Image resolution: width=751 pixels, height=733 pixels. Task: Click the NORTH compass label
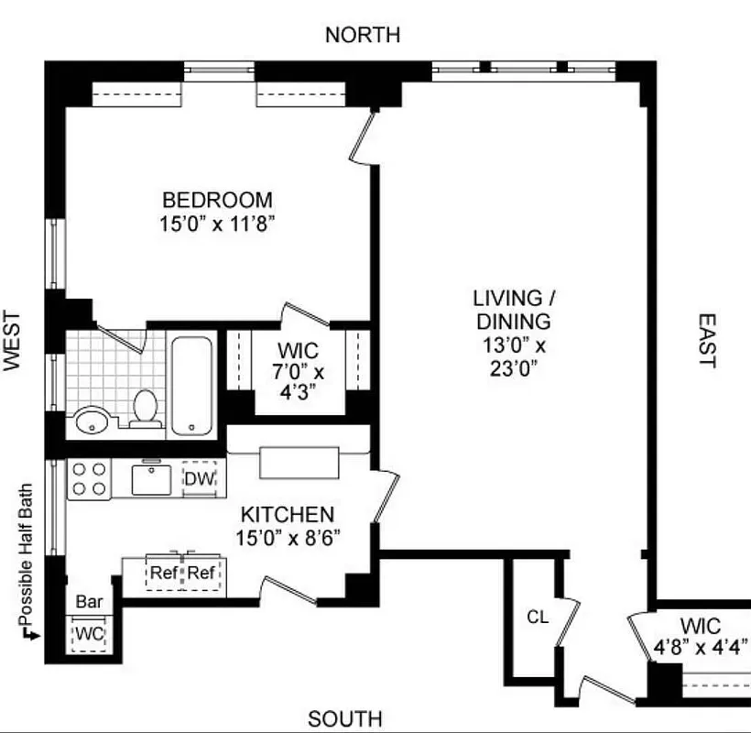(x=363, y=36)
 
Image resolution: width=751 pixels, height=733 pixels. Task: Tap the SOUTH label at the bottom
(x=344, y=719)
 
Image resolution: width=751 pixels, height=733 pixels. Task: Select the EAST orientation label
(x=706, y=341)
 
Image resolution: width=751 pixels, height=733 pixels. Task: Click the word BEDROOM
(x=217, y=200)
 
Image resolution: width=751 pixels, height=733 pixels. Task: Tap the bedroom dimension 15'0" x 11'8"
(x=217, y=224)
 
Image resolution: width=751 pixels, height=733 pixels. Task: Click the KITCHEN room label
(x=288, y=514)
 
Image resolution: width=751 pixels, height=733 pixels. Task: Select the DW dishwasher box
(x=199, y=478)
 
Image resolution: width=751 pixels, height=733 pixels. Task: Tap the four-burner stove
(x=89, y=478)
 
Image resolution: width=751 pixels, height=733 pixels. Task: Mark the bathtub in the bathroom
(x=191, y=385)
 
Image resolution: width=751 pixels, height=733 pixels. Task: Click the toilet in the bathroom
(x=145, y=409)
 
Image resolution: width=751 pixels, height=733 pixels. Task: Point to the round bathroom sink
(x=93, y=421)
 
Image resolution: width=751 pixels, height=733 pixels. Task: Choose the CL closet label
(x=537, y=617)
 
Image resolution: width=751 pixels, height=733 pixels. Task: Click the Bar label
(x=89, y=602)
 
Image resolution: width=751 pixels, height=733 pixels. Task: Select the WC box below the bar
(x=90, y=633)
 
